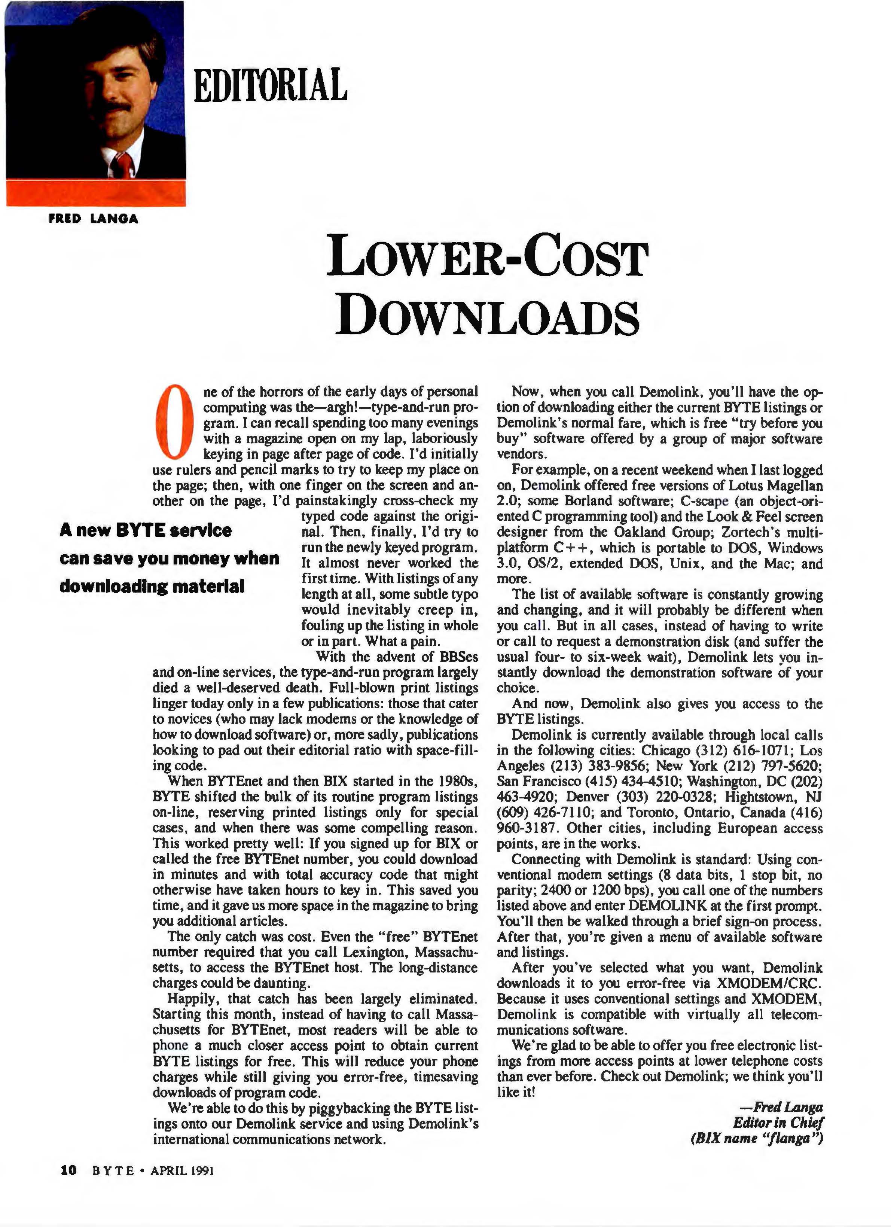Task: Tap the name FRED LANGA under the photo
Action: pos(93,219)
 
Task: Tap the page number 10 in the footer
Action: pos(68,1170)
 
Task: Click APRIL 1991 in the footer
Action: pos(182,1170)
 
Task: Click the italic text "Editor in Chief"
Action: pos(777,1122)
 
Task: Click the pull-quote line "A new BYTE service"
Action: pos(146,530)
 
